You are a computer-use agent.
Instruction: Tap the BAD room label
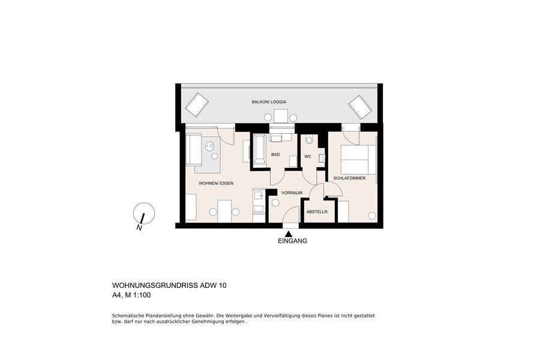[x=275, y=155]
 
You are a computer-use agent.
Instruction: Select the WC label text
[x=308, y=157]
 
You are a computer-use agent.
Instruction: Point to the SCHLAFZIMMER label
[x=349, y=178]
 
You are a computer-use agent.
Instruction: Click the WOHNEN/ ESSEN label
[x=216, y=183]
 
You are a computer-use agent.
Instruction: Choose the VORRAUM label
[x=292, y=193]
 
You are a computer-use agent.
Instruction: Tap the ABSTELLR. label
[x=317, y=212]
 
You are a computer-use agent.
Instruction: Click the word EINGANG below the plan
[x=292, y=241]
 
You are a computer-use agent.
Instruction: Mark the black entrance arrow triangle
[x=289, y=234]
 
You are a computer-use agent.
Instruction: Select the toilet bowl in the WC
[x=309, y=140]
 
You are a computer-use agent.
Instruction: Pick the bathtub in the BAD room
[x=259, y=150]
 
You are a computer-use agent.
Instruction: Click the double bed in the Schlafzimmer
[x=358, y=160]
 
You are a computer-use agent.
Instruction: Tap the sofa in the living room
[x=194, y=149]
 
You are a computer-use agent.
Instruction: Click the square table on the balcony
[x=281, y=116]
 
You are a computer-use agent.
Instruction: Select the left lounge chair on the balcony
[x=197, y=105]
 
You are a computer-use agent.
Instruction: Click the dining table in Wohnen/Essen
[x=224, y=211]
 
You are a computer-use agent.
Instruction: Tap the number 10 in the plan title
[x=223, y=285]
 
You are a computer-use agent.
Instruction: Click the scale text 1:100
[x=142, y=295]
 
